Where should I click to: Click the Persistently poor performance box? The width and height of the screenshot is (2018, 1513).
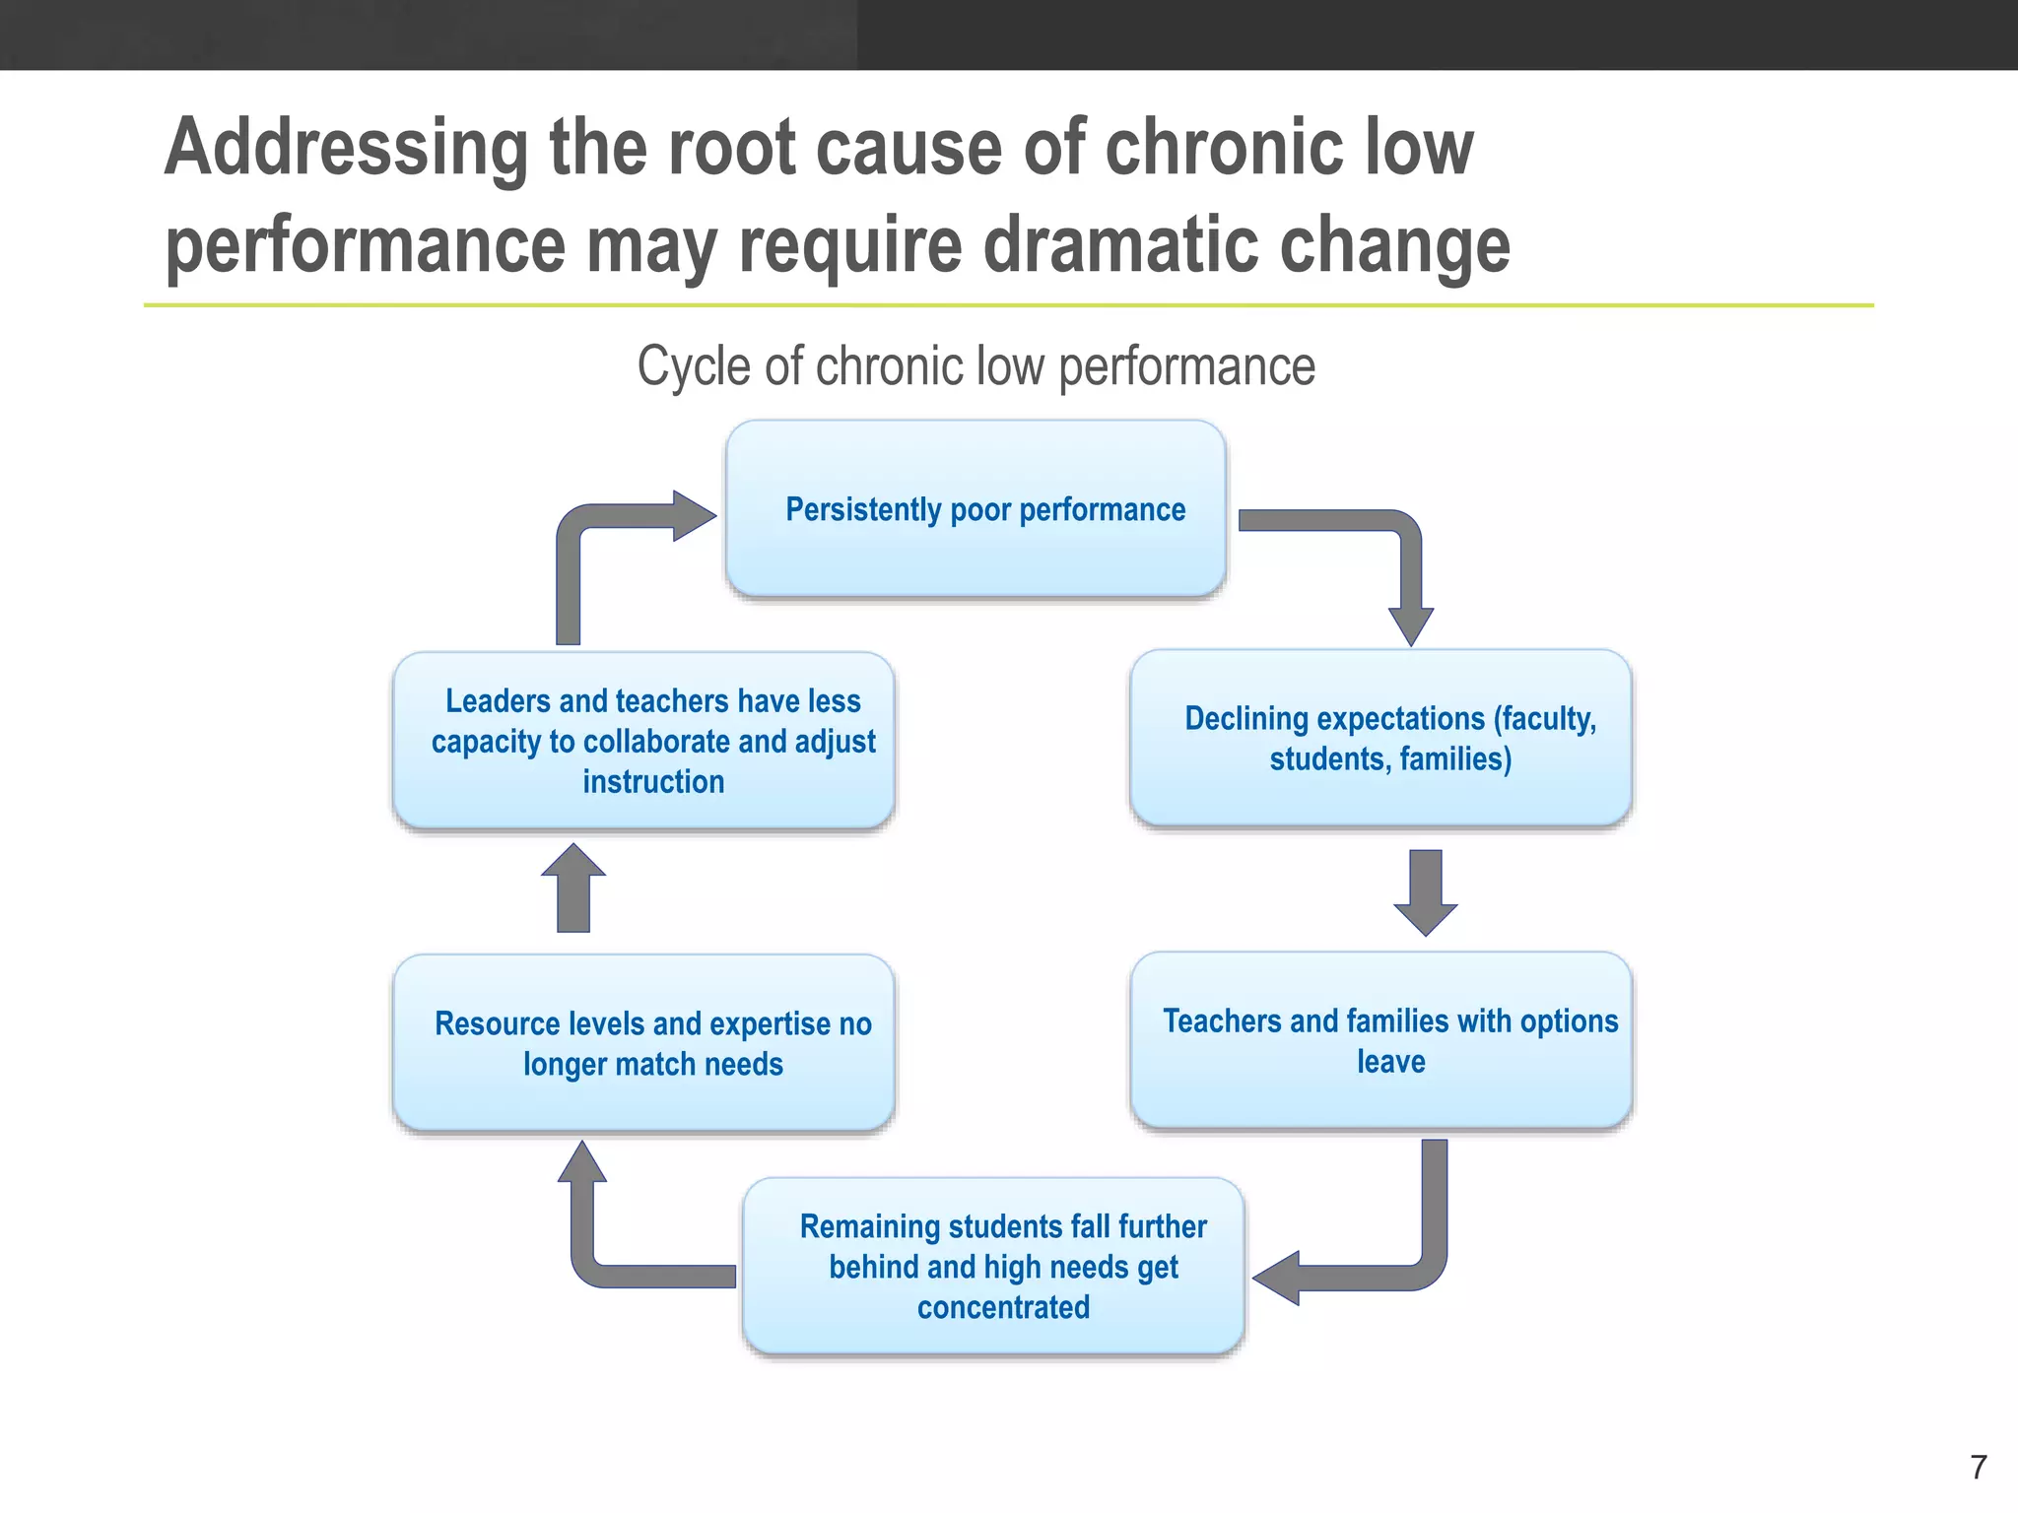(x=975, y=508)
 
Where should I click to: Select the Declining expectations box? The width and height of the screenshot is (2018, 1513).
(x=1380, y=738)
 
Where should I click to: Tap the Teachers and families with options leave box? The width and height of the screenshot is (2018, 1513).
(x=1380, y=1040)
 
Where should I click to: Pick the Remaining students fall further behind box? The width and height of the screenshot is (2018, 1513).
(x=993, y=1266)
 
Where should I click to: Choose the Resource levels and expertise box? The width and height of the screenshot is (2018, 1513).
(x=643, y=1042)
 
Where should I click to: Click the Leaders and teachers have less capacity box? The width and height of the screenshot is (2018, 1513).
(x=643, y=740)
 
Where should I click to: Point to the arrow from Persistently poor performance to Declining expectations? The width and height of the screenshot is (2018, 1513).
(x=1399, y=552)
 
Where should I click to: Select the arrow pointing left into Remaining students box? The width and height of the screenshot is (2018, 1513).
(x=1379, y=1271)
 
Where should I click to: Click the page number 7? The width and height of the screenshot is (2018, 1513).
(x=1978, y=1468)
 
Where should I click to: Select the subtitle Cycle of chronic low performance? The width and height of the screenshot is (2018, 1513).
(x=975, y=366)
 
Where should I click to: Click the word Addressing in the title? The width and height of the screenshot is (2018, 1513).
(x=346, y=148)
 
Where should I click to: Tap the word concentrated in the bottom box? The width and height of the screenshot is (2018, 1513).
(x=1003, y=1307)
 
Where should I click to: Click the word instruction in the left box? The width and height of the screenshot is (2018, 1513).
(x=653, y=781)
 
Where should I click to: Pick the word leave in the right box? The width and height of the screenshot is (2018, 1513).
(x=1390, y=1062)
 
